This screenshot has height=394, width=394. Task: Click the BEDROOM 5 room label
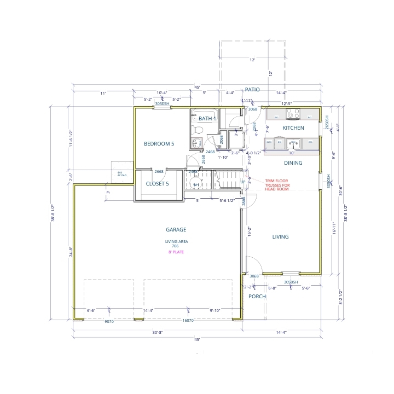(159, 144)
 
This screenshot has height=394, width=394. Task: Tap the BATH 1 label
(207, 119)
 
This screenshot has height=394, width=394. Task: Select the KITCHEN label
(293, 128)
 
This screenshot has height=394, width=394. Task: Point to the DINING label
(293, 163)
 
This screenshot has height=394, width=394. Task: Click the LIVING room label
(281, 237)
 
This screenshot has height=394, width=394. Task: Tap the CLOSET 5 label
(157, 184)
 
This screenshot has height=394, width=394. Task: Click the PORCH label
(257, 297)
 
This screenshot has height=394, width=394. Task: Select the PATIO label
(252, 89)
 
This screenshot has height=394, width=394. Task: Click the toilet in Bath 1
(199, 129)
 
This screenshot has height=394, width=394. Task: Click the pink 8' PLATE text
(176, 252)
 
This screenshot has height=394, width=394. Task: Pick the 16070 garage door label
(188, 321)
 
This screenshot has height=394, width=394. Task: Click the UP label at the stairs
(243, 182)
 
